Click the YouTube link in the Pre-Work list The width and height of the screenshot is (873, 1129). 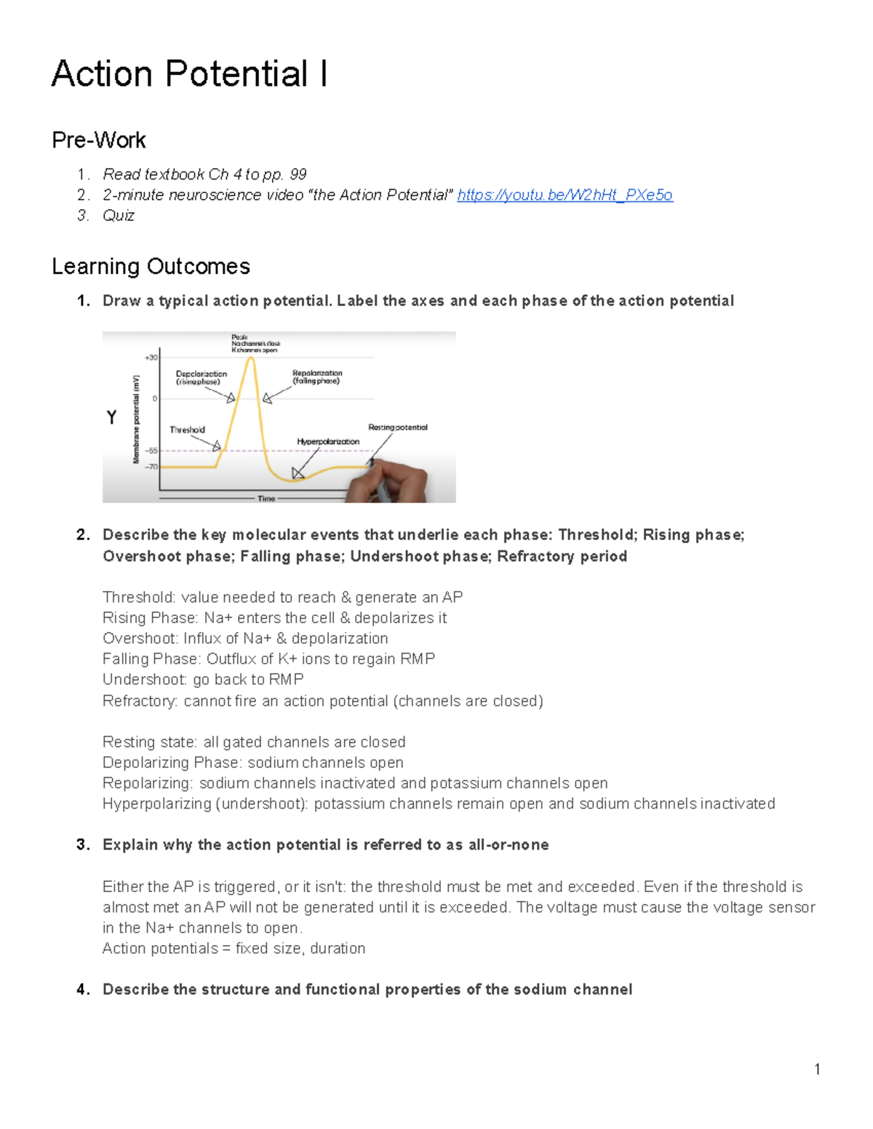565,195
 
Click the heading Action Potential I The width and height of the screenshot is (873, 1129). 189,74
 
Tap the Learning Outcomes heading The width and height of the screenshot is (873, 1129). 151,266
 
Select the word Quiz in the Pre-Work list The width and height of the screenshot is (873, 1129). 119,215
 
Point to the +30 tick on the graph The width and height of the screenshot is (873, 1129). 151,358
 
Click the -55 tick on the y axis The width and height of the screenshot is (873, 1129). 151,451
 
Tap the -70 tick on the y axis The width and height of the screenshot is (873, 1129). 151,467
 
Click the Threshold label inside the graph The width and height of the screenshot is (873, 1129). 187,430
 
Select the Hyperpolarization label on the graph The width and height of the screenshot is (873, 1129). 328,441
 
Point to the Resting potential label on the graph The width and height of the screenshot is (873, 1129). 398,427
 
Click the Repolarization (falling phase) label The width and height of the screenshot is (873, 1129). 316,377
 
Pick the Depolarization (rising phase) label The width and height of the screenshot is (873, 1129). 201,377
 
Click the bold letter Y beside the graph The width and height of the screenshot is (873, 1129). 111,417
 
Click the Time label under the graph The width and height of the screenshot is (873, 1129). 266,499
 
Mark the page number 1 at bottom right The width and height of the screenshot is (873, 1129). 817,1069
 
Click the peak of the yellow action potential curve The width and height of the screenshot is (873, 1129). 251,358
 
